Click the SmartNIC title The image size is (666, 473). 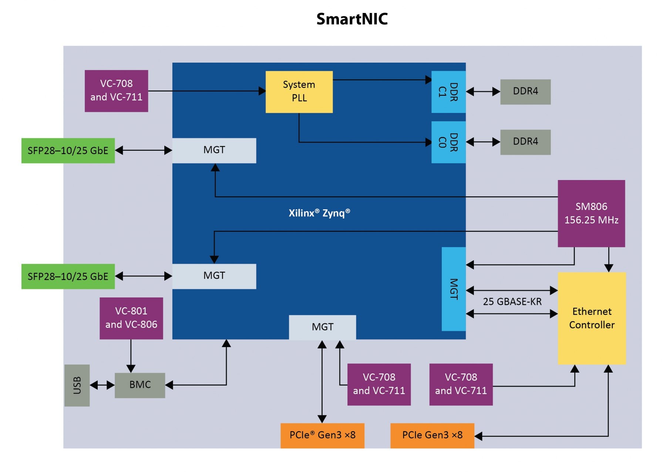(351, 19)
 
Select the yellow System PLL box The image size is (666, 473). (299, 91)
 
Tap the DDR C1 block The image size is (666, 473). (448, 92)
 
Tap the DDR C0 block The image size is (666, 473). (448, 142)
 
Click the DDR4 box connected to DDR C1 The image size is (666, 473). (525, 91)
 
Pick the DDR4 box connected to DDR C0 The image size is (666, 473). (525, 142)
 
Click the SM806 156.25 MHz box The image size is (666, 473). (591, 213)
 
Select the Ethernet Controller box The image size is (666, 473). (591, 318)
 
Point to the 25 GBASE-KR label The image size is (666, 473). (512, 302)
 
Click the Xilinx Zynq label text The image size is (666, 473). (319, 213)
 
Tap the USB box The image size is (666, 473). (77, 385)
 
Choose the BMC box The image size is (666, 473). (140, 385)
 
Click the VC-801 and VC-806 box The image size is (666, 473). (131, 318)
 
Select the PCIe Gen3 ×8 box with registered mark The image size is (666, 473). (322, 435)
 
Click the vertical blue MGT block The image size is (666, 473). (453, 289)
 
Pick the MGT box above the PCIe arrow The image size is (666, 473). (322, 327)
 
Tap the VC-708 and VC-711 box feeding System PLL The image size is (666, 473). (116, 91)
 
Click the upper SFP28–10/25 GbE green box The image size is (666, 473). (68, 151)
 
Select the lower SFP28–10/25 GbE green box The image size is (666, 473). (68, 276)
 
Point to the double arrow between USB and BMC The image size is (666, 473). (102, 385)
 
